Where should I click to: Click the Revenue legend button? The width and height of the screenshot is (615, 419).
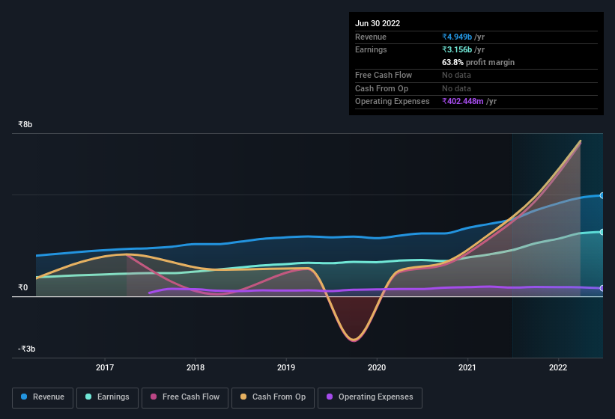pyautogui.click(x=43, y=397)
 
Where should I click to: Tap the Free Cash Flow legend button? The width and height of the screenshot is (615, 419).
pyautogui.click(x=185, y=397)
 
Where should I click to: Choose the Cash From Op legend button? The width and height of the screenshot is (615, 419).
pyautogui.click(x=273, y=397)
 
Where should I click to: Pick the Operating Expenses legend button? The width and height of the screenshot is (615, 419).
pyautogui.click(x=369, y=397)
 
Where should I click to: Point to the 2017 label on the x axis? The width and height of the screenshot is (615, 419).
pyautogui.click(x=105, y=367)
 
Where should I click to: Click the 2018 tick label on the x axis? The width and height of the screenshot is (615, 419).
pyautogui.click(x=196, y=367)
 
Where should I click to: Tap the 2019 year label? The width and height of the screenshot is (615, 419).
pyautogui.click(x=286, y=367)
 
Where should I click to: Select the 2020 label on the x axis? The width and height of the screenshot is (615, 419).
pyautogui.click(x=377, y=367)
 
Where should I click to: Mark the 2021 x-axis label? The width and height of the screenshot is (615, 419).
pyautogui.click(x=467, y=367)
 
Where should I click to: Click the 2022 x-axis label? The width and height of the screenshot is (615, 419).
pyautogui.click(x=558, y=367)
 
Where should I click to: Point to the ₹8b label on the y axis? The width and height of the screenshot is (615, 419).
pyautogui.click(x=25, y=124)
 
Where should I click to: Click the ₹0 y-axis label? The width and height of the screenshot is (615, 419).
pyautogui.click(x=22, y=287)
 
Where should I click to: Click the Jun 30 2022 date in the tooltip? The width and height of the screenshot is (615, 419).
pyautogui.click(x=378, y=23)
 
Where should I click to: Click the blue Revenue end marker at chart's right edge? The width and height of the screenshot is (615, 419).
pyautogui.click(x=602, y=195)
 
